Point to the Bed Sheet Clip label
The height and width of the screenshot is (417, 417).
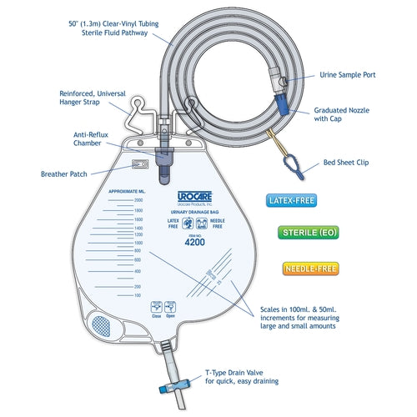[x=349, y=163]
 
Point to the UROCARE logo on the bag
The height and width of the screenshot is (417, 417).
[x=193, y=198]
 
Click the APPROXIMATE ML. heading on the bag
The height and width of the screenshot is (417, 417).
[x=130, y=190]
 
